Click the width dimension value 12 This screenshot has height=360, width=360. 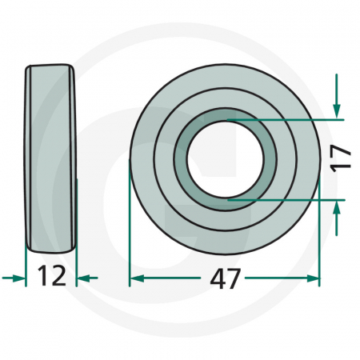click(x=51, y=278)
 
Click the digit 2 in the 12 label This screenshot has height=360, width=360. click(x=58, y=278)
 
